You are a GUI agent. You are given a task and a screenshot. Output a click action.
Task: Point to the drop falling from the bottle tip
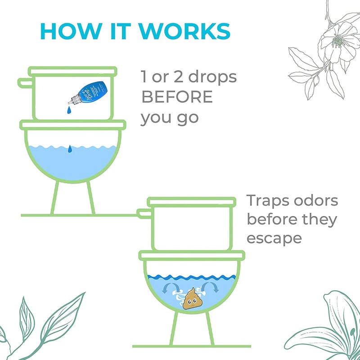(68, 109)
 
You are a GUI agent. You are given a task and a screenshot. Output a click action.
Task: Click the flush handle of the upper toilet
(25, 84)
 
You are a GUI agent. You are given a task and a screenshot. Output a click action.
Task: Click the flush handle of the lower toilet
(144, 212)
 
